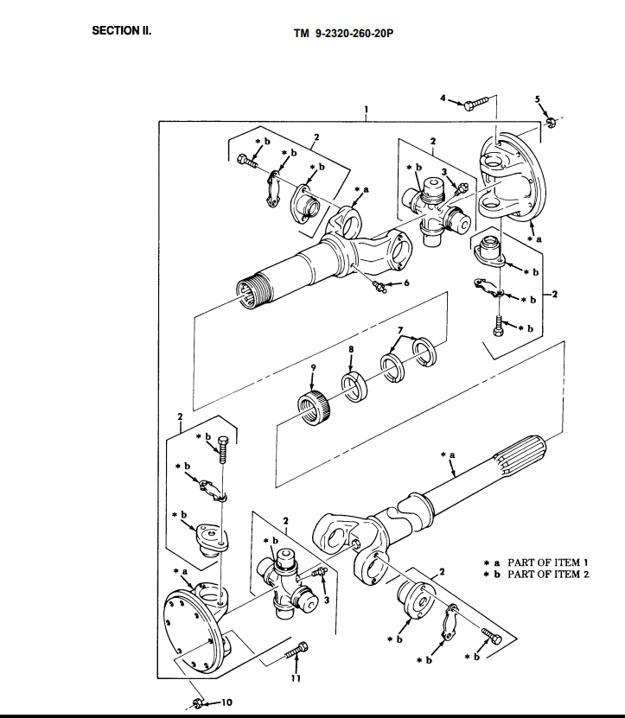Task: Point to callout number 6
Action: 405,283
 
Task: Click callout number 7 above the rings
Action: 400,331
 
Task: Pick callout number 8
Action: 351,348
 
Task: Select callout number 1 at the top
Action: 367,110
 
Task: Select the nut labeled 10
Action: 198,702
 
